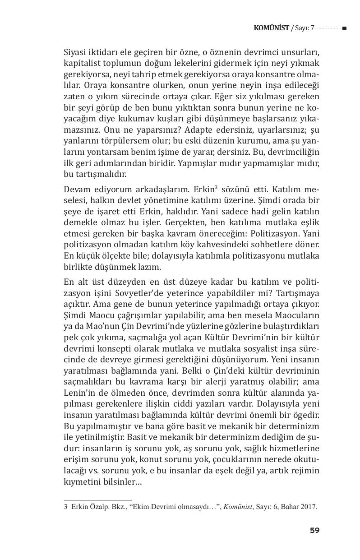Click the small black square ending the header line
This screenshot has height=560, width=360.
[344, 28]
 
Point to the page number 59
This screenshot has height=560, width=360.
[314, 530]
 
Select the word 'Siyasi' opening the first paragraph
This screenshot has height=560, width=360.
[76, 52]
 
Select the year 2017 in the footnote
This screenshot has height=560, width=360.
[309, 506]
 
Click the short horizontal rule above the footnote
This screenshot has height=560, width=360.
[97, 500]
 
